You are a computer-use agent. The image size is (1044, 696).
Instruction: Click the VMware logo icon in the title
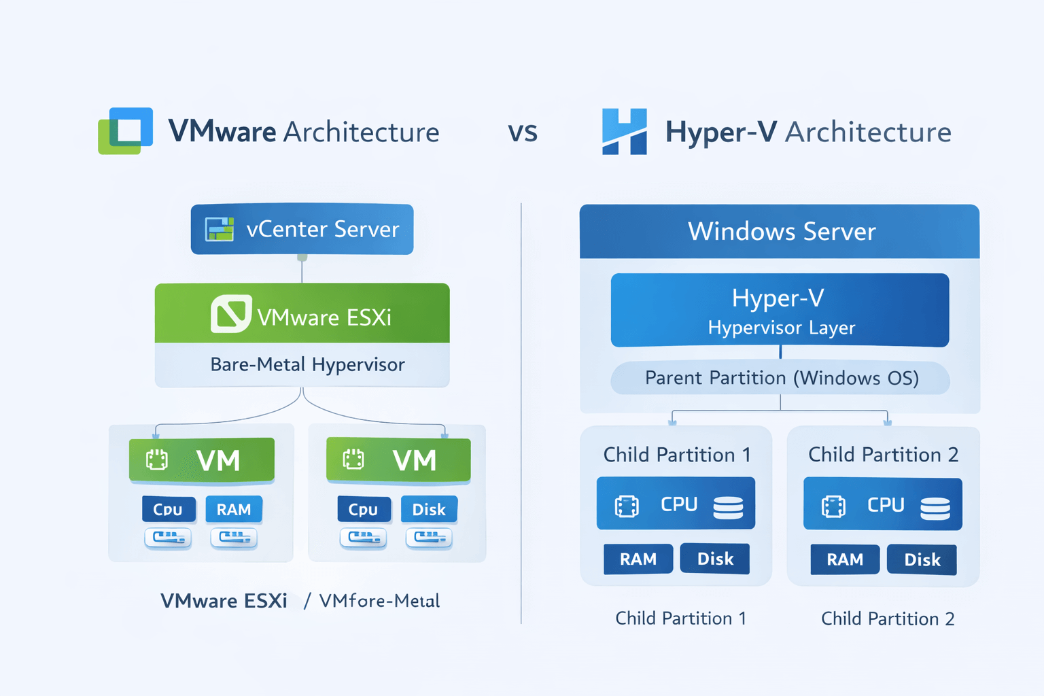[126, 130]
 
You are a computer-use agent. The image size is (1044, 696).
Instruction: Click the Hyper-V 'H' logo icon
[624, 131]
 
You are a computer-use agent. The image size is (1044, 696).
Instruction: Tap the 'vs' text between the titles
[523, 132]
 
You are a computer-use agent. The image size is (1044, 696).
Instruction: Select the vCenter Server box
[302, 229]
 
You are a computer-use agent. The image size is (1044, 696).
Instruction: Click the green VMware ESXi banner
[302, 314]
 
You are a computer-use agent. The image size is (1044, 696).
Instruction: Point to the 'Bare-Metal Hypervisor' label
[307, 365]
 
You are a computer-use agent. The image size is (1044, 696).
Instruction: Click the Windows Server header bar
[780, 232]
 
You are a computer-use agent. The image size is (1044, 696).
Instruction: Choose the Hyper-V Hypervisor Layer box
[780, 311]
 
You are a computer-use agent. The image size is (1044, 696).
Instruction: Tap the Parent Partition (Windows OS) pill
[780, 378]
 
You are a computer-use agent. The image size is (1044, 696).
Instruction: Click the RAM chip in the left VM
[234, 510]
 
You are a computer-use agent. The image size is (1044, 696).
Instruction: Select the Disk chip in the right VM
[429, 510]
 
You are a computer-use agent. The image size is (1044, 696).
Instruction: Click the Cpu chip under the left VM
[168, 510]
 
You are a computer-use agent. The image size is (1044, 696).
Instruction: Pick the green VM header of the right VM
[398, 460]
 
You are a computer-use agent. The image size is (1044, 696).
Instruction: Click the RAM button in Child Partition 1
[638, 559]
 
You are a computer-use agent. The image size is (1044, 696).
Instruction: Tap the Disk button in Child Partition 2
[922, 560]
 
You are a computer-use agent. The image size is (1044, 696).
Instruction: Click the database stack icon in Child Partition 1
[728, 507]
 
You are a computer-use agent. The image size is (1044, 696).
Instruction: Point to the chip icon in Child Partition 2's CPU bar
[833, 506]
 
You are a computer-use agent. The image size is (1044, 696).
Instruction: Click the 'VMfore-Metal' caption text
[379, 601]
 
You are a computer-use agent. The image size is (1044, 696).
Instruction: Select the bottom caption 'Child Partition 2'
[888, 619]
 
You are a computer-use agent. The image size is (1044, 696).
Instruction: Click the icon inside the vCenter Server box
[220, 230]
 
